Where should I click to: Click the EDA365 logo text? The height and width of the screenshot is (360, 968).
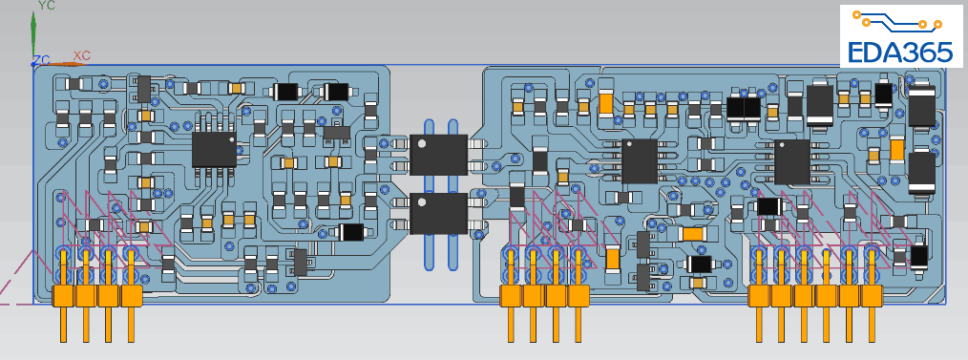coord(901,53)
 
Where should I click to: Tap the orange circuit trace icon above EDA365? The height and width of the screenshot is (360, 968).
coord(897,20)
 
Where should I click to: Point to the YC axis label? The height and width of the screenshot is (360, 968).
coord(47,6)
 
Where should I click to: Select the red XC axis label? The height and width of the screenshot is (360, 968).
coord(81,55)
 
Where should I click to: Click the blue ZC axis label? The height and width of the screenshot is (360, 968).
coord(42,60)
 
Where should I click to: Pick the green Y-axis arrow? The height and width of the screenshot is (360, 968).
coord(33,36)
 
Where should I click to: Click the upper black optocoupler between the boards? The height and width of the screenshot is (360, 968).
coord(438,155)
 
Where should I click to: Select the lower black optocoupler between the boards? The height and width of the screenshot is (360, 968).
coord(438,213)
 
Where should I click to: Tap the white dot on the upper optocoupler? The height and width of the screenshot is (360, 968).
coord(422,144)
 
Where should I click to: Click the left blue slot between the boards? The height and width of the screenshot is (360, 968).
coord(430,195)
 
